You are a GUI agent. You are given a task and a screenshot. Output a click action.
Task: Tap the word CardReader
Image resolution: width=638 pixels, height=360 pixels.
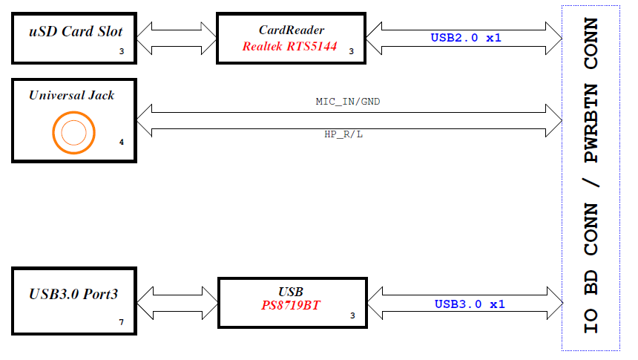coord(291,30)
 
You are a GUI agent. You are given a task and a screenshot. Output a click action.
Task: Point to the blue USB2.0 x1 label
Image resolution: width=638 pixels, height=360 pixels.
coord(466,37)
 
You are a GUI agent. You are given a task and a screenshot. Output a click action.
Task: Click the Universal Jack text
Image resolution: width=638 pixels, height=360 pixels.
coord(72,95)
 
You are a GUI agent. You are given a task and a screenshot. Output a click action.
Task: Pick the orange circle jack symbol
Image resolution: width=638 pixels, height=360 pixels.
coord(73,134)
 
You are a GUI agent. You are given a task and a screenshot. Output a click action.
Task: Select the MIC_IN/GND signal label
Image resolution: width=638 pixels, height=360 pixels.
coord(348,101)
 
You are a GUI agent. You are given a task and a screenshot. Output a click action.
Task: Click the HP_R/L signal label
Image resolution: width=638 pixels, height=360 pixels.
coord(348,134)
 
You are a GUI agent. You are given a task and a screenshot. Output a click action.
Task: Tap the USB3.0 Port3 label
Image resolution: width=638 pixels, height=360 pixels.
coord(73,295)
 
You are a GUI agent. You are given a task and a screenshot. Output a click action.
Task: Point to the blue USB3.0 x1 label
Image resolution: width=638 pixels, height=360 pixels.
coord(470,304)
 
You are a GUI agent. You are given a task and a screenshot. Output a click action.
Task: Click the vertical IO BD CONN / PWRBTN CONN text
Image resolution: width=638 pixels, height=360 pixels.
coord(591,176)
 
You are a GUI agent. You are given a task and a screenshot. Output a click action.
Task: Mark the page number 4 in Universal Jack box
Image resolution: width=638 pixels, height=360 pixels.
coord(122,141)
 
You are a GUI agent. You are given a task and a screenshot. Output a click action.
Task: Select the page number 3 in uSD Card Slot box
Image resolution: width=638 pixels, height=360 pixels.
coord(122,52)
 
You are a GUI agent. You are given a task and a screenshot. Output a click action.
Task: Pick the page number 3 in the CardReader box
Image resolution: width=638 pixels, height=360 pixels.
coord(351,52)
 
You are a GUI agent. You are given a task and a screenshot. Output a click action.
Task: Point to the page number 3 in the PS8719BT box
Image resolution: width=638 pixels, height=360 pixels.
coord(353,316)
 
